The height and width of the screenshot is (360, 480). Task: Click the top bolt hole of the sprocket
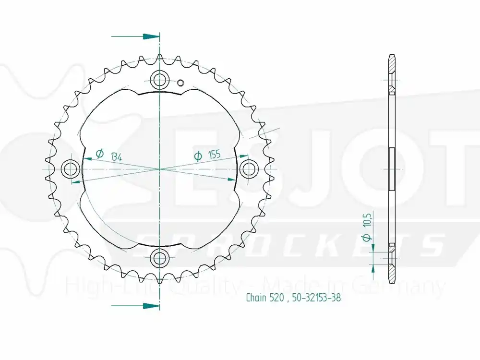159,79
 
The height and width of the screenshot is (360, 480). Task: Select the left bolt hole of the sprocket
71,168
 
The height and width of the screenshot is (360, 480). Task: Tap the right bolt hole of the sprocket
248,168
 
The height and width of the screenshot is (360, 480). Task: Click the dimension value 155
214,155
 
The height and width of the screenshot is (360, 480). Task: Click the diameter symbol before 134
99,154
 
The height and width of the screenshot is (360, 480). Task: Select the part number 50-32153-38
316,298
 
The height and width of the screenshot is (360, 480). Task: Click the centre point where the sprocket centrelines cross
159,169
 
